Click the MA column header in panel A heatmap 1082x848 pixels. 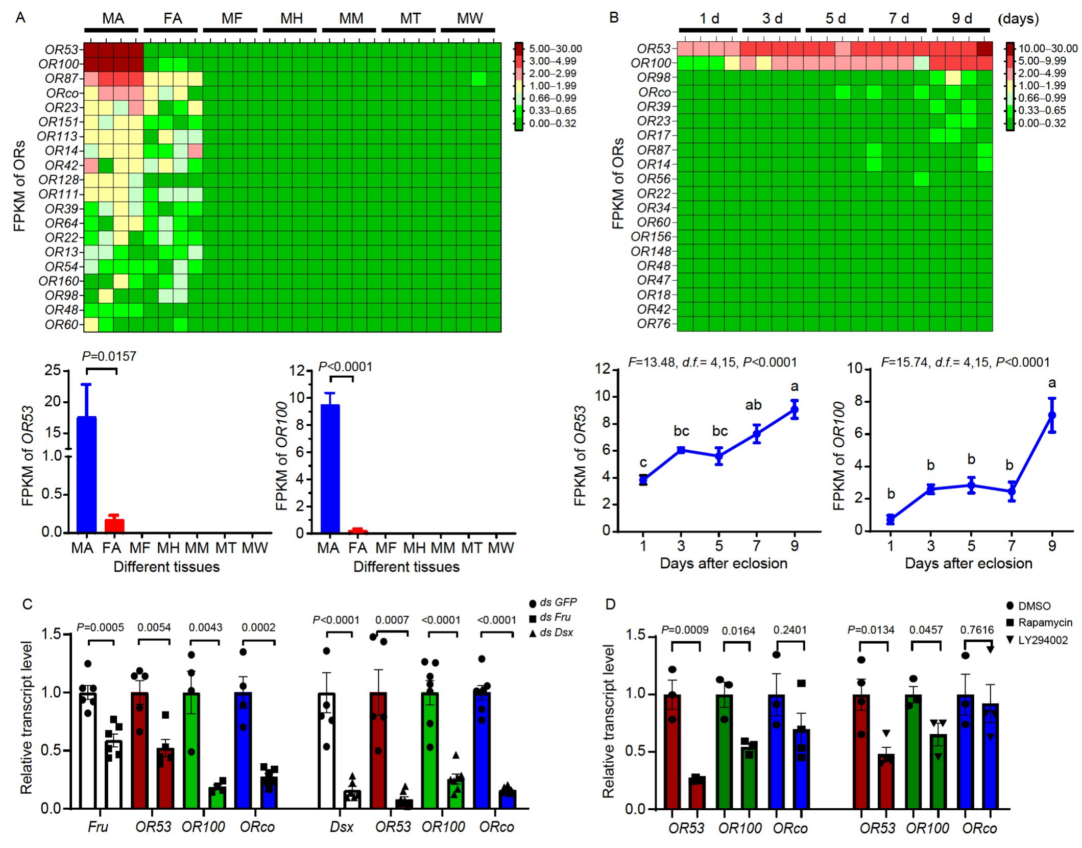(x=113, y=19)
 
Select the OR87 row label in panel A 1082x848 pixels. (x=61, y=79)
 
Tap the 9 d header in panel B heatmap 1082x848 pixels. (x=961, y=19)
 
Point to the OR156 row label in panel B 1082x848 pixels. (x=651, y=237)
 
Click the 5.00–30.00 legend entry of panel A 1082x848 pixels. (x=555, y=49)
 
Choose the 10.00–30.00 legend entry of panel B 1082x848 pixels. (x=1048, y=49)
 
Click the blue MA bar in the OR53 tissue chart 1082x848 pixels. (x=86, y=475)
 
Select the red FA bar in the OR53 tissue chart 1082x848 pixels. (x=114, y=525)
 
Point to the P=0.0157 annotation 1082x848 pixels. (x=109, y=356)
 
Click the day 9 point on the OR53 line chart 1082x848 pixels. (x=795, y=409)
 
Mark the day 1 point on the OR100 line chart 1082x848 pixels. (x=891, y=520)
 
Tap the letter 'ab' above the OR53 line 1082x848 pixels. (x=753, y=405)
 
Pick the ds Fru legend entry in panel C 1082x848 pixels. (x=555, y=617)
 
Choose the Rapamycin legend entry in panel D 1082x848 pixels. (x=1045, y=623)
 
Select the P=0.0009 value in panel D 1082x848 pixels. (x=685, y=630)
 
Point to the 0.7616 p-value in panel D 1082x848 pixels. (x=977, y=630)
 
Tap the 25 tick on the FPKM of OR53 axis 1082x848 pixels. (x=53, y=370)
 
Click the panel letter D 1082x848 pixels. (x=611, y=604)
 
